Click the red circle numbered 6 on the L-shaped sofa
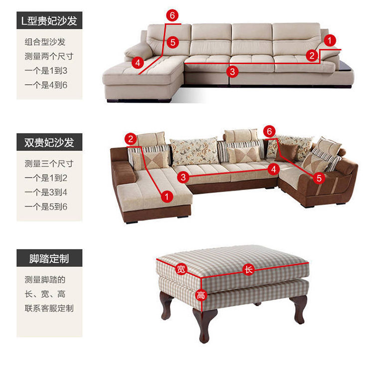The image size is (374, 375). (x=172, y=15)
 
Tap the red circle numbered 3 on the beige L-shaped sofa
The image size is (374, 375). (x=232, y=71)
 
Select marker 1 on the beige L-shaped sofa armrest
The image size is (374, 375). (x=330, y=40)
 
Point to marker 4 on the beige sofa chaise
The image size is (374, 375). (x=138, y=63)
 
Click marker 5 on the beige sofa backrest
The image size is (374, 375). (x=173, y=42)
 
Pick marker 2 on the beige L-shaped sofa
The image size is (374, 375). (x=312, y=56)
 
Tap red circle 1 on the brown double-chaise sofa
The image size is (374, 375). (x=167, y=196)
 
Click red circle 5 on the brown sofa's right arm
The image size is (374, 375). (x=319, y=178)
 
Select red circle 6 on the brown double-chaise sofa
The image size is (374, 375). (x=269, y=131)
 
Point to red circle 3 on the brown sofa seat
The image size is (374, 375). (x=183, y=177)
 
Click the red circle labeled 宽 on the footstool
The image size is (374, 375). (x=181, y=269)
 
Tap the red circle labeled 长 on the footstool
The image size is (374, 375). (x=248, y=269)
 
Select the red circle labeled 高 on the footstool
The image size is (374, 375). (x=201, y=295)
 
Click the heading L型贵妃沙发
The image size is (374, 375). (x=49, y=20)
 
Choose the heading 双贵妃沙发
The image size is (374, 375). (x=49, y=142)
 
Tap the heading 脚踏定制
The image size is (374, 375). (x=49, y=258)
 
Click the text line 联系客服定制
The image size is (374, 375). (x=49, y=308)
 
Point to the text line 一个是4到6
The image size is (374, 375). (x=46, y=85)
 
